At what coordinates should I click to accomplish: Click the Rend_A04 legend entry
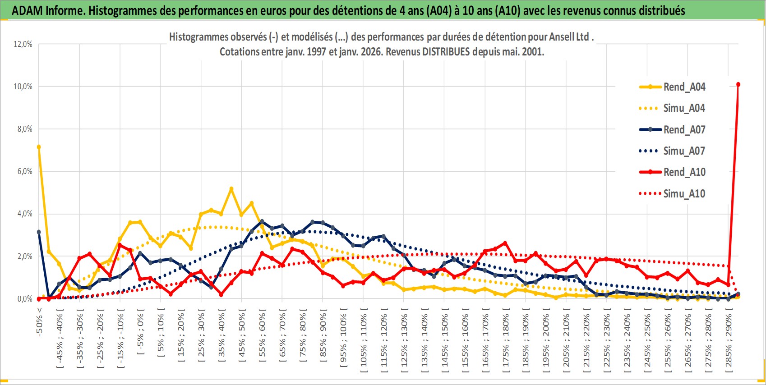coord(684,87)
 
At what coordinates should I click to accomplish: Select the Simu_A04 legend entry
coord(684,108)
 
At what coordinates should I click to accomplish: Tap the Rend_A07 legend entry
coord(684,130)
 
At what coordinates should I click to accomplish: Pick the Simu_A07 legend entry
coord(684,151)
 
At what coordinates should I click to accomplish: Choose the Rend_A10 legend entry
coord(684,172)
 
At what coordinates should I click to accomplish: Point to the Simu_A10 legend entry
coord(684,194)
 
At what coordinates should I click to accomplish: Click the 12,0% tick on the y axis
coord(23,44)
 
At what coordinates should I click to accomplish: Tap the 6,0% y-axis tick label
coord(23,171)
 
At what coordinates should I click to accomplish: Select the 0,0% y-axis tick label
coord(23,299)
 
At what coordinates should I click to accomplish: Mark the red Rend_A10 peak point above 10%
coord(738,84)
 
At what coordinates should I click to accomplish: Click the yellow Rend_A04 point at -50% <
coord(39,147)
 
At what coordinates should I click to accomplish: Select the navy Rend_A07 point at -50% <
coord(39,232)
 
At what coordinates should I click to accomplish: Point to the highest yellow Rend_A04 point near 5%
coord(231,189)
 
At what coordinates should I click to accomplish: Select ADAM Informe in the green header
coord(48,10)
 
